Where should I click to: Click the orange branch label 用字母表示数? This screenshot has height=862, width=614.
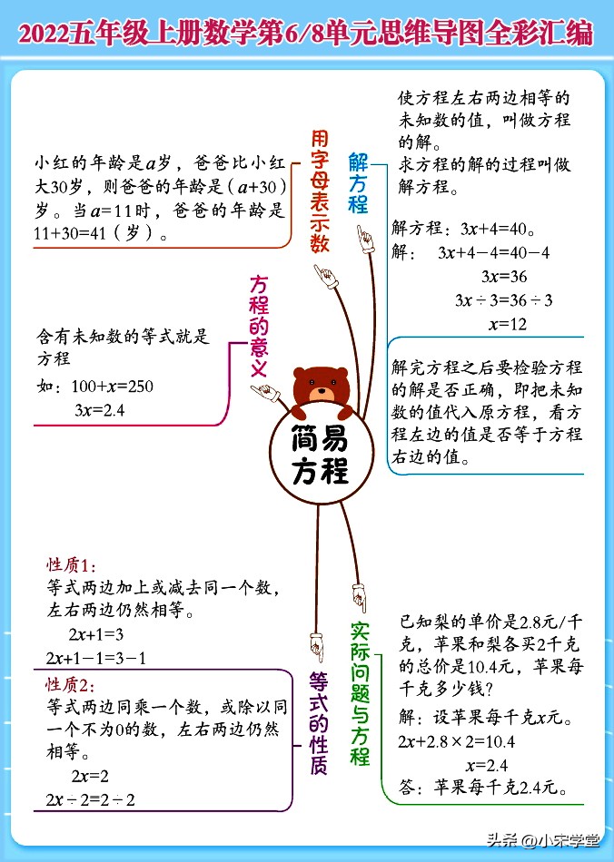(318, 191)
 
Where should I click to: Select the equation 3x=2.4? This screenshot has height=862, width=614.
(99, 410)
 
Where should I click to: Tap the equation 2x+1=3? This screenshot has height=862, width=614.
(95, 634)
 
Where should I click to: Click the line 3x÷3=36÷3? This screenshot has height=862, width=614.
(504, 299)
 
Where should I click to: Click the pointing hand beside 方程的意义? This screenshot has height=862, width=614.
(266, 393)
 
